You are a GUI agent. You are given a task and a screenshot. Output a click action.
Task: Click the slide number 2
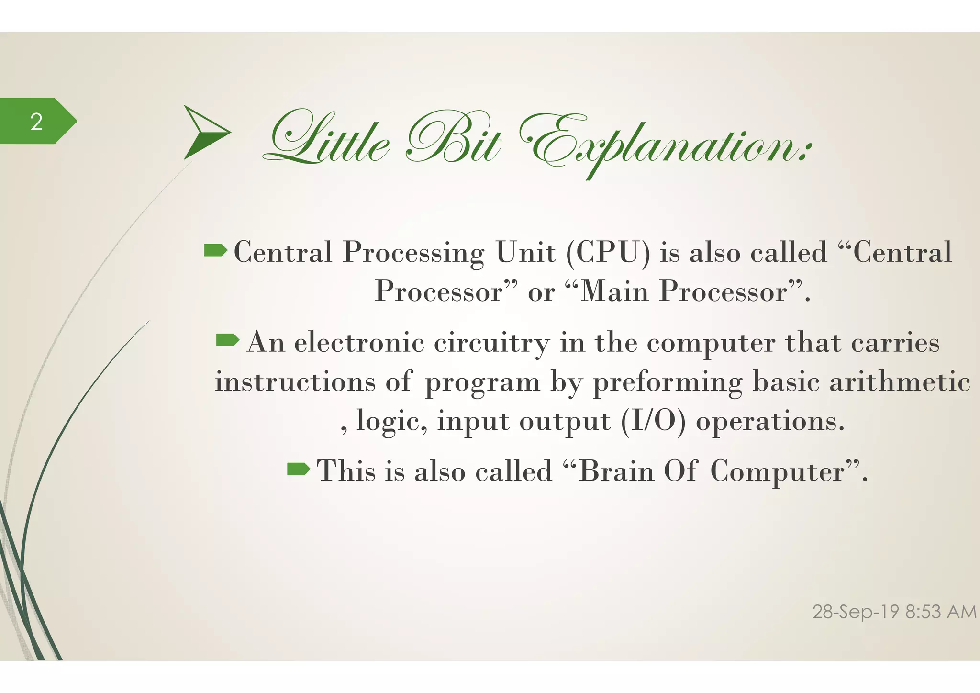36,122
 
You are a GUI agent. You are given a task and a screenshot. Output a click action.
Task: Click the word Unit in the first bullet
525,252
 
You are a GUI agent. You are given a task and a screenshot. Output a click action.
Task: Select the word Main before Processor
614,291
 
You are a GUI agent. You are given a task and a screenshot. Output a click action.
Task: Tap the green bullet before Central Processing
215,250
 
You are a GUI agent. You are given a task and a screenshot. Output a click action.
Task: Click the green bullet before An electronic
228,340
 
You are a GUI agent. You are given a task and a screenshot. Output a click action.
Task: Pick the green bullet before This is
299,469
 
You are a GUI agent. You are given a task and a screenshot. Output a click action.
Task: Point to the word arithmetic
900,382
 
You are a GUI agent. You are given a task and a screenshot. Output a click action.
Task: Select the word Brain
616,471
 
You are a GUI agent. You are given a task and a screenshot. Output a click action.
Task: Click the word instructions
295,382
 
